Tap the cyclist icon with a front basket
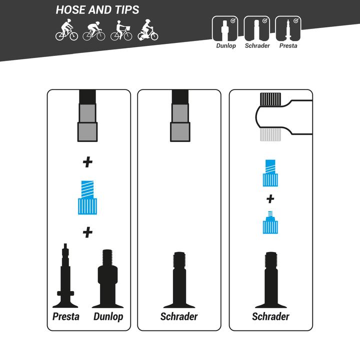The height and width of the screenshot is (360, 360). click(x=121, y=30)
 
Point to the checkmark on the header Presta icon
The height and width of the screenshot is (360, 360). click(x=296, y=21)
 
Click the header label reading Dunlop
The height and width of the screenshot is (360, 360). click(x=225, y=45)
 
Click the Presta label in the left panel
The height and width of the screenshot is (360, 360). click(x=66, y=316)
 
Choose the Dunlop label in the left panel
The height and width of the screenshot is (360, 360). click(x=108, y=316)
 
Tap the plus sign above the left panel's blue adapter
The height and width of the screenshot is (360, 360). click(x=87, y=162)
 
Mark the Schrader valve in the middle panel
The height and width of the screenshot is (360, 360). click(x=179, y=280)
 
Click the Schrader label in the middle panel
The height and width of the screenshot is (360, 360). click(x=179, y=316)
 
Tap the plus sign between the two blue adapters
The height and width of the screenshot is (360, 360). click(x=270, y=199)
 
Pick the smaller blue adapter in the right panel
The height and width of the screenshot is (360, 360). click(x=270, y=224)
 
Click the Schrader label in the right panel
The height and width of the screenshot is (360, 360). click(x=270, y=316)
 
